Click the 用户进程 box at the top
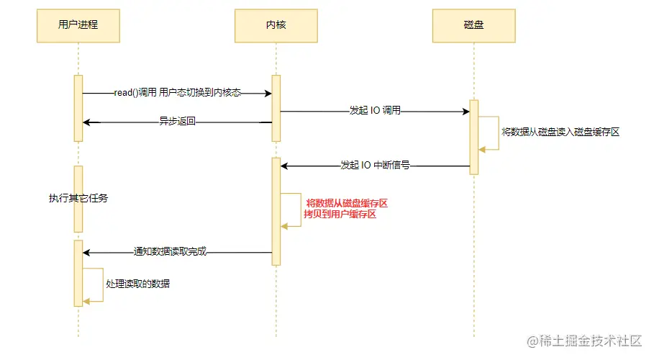[x=78, y=25]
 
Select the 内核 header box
[x=276, y=25]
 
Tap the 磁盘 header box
[x=473, y=25]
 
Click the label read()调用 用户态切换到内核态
[x=177, y=93]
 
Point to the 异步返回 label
[x=177, y=122]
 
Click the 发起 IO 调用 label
[x=375, y=112]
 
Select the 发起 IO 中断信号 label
[x=375, y=166]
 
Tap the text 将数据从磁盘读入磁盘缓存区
[x=560, y=132]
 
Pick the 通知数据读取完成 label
[x=171, y=252]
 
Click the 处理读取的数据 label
[x=138, y=284]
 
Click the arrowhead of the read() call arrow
[x=268, y=93]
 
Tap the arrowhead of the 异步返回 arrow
[x=87, y=122]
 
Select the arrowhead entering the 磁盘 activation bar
[x=465, y=112]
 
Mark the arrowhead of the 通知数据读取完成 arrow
[x=87, y=252]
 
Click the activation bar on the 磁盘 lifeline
[x=474, y=137]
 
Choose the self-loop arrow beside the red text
[x=292, y=210]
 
